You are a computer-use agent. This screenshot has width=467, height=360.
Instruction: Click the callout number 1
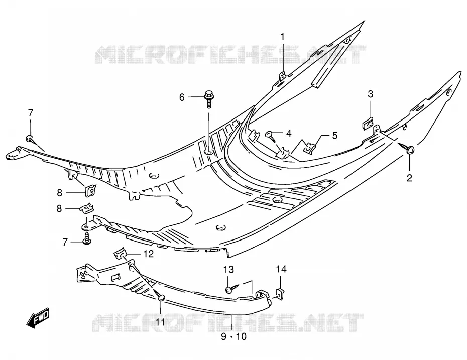click(282, 37)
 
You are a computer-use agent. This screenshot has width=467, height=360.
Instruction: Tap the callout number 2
click(409, 178)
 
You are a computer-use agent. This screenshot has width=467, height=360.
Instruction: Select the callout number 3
click(370, 94)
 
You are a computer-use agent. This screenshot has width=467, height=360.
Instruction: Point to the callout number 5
click(335, 136)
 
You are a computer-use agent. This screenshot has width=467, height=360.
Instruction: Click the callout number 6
click(182, 97)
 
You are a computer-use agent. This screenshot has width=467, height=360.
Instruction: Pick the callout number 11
click(160, 322)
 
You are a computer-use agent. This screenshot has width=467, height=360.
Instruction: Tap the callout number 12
click(148, 254)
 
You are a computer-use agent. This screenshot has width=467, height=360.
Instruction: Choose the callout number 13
click(229, 270)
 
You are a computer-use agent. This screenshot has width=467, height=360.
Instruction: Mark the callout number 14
click(281, 269)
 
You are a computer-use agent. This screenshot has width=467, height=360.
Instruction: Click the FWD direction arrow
click(38, 318)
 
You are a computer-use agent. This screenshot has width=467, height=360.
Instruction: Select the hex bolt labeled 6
click(209, 98)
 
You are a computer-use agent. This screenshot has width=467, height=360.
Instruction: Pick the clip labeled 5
click(310, 148)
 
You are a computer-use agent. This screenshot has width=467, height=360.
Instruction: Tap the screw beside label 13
click(232, 288)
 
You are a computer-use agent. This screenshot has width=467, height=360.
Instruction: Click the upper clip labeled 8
click(90, 191)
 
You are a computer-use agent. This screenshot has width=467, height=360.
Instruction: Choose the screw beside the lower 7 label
click(87, 238)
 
